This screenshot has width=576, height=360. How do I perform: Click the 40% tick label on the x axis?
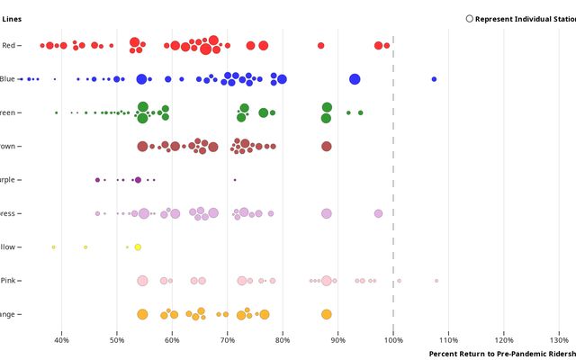(61, 339)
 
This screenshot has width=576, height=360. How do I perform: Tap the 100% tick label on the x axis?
(393, 339)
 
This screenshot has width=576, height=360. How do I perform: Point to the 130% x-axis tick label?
(559, 339)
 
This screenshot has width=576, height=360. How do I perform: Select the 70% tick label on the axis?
(228, 339)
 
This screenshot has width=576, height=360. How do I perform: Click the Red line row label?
(10, 45)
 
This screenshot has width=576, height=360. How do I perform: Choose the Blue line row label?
(8, 79)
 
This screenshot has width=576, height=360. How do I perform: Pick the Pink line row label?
(10, 281)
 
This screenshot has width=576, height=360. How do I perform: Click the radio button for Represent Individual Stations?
(470, 19)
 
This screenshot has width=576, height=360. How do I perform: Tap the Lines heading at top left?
(13, 19)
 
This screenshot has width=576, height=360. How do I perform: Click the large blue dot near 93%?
(355, 79)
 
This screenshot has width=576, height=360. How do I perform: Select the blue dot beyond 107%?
(434, 79)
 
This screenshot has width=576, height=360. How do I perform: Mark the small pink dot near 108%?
(436, 281)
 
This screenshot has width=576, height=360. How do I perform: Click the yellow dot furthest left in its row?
(53, 247)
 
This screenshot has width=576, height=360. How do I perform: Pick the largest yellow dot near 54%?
(138, 247)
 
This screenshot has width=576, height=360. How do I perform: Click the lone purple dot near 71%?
(235, 180)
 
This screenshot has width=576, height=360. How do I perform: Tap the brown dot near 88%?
(327, 147)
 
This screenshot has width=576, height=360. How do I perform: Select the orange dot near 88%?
(327, 314)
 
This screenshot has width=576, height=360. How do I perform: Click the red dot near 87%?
(320, 45)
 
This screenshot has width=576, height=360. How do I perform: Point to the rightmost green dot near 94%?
(361, 112)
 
